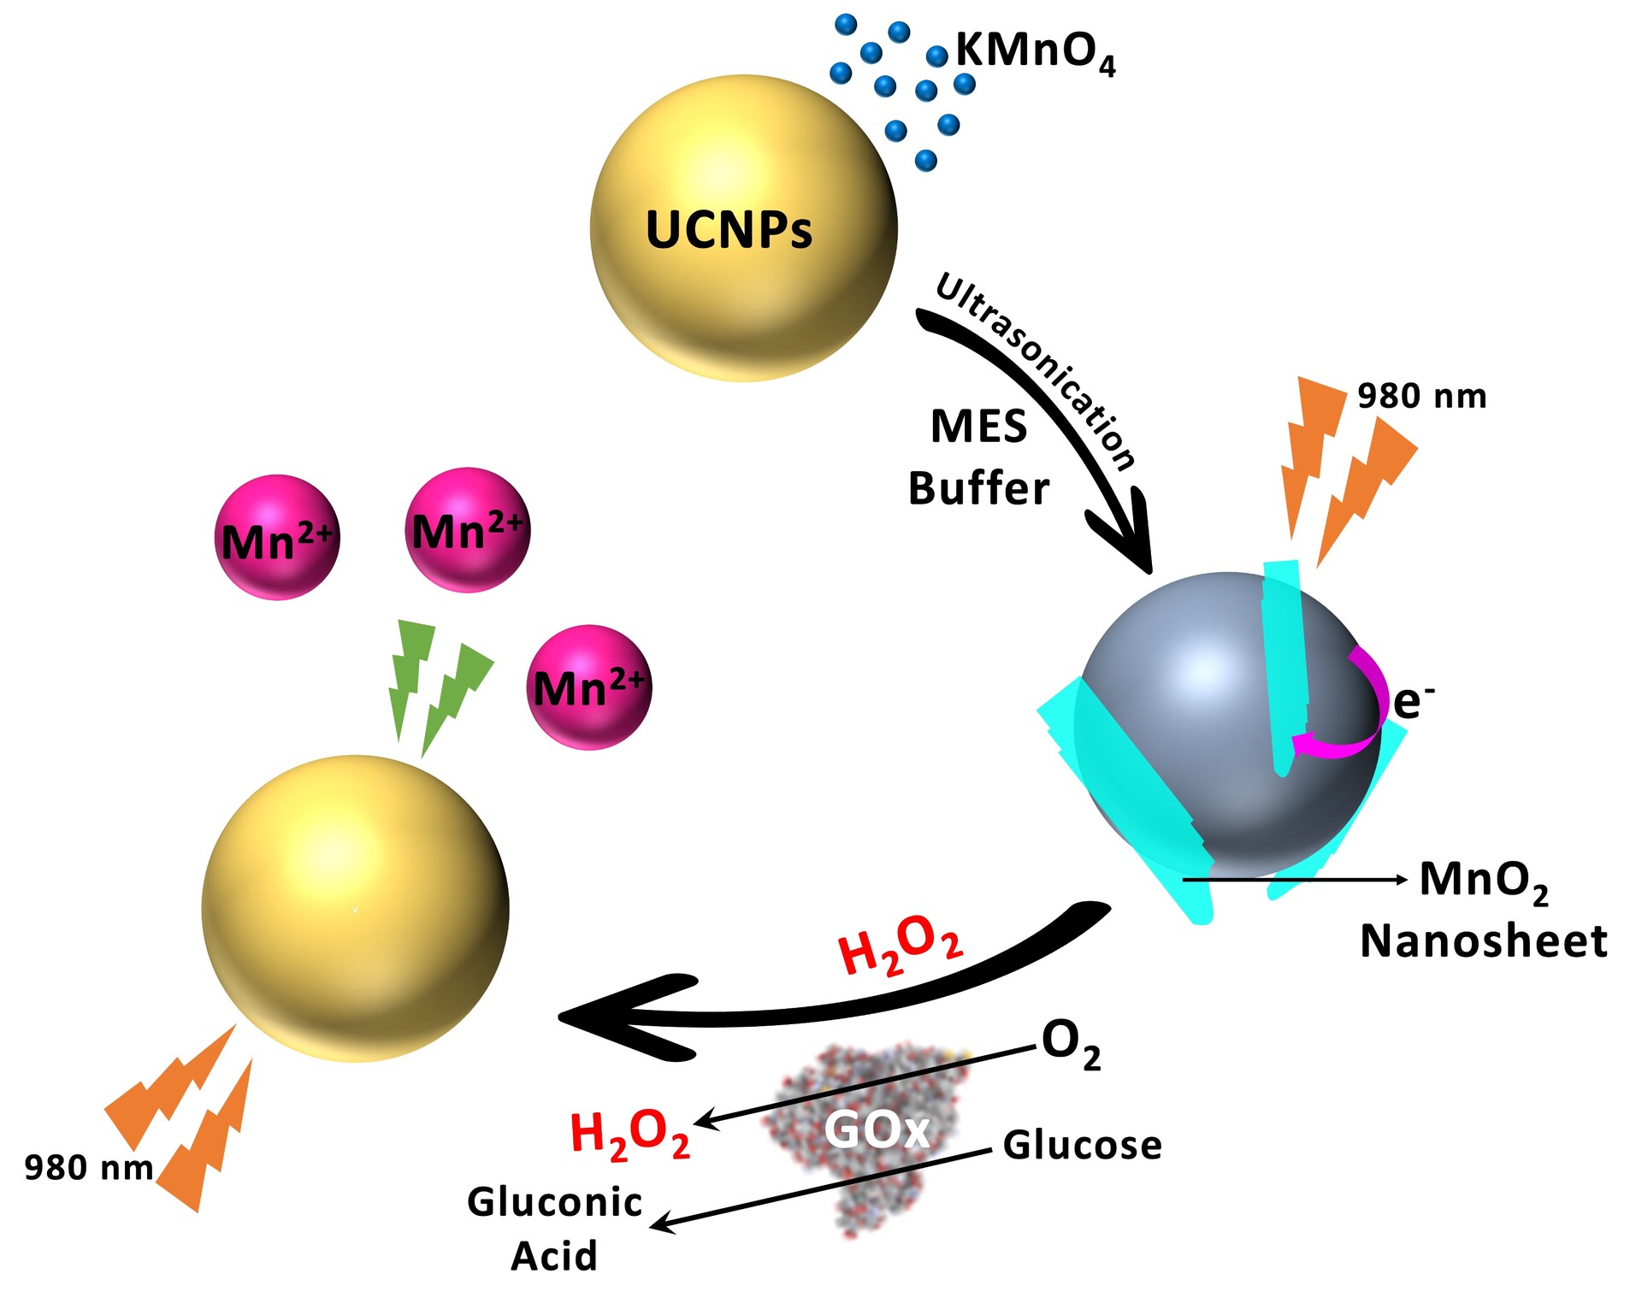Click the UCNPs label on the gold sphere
729,230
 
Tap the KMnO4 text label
1035,51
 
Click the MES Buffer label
978,457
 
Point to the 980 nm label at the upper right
1421,397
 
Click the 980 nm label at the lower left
88,1168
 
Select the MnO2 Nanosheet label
1484,911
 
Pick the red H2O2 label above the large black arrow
900,945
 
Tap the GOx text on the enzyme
876,1130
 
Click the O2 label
1070,1044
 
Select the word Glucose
1082,1146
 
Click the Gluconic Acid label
554,1229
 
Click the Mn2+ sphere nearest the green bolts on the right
589,687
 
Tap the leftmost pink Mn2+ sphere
277,538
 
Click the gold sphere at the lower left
355,908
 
